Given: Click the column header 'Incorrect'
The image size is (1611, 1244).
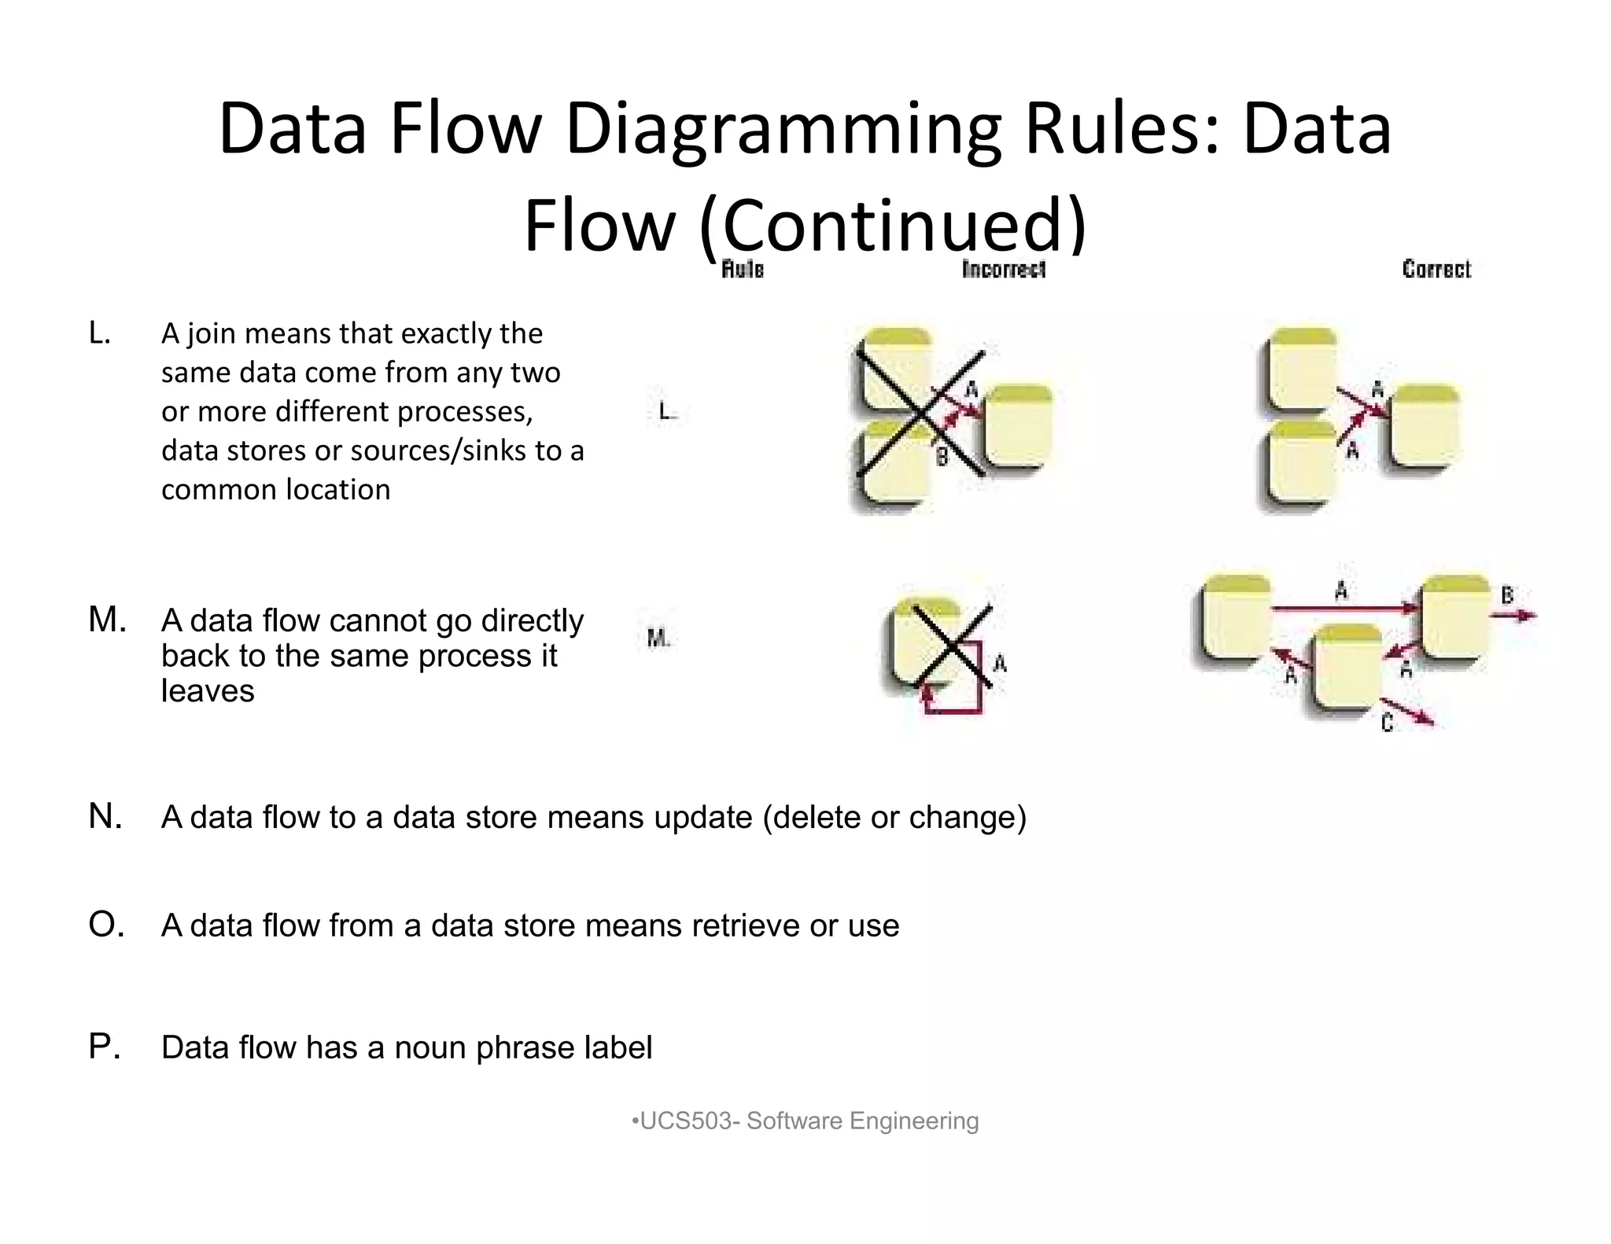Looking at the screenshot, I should [1004, 270].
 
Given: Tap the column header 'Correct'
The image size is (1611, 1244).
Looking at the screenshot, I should [1436, 270].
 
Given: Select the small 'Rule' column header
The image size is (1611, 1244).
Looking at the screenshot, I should [743, 270].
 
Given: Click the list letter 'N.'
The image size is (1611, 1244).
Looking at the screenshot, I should [105, 817].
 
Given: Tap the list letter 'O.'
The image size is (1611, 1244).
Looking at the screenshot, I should [106, 926].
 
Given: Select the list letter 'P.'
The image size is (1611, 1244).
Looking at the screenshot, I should [105, 1047].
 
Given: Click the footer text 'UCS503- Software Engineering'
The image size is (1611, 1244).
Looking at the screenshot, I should [808, 1121].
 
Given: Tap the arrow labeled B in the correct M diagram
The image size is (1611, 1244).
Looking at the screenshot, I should [1513, 616].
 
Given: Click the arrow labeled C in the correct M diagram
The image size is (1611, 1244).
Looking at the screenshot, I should [1410, 711].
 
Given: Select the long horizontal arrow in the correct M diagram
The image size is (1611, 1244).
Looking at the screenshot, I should [1345, 608].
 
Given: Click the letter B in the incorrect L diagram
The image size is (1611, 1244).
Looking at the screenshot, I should [942, 455].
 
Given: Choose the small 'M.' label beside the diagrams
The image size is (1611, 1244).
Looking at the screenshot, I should [658, 639].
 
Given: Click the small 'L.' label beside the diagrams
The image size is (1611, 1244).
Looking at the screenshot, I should [665, 411].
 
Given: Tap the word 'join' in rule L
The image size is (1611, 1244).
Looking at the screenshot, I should [211, 334].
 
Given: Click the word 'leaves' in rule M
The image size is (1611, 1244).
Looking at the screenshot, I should [208, 691].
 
